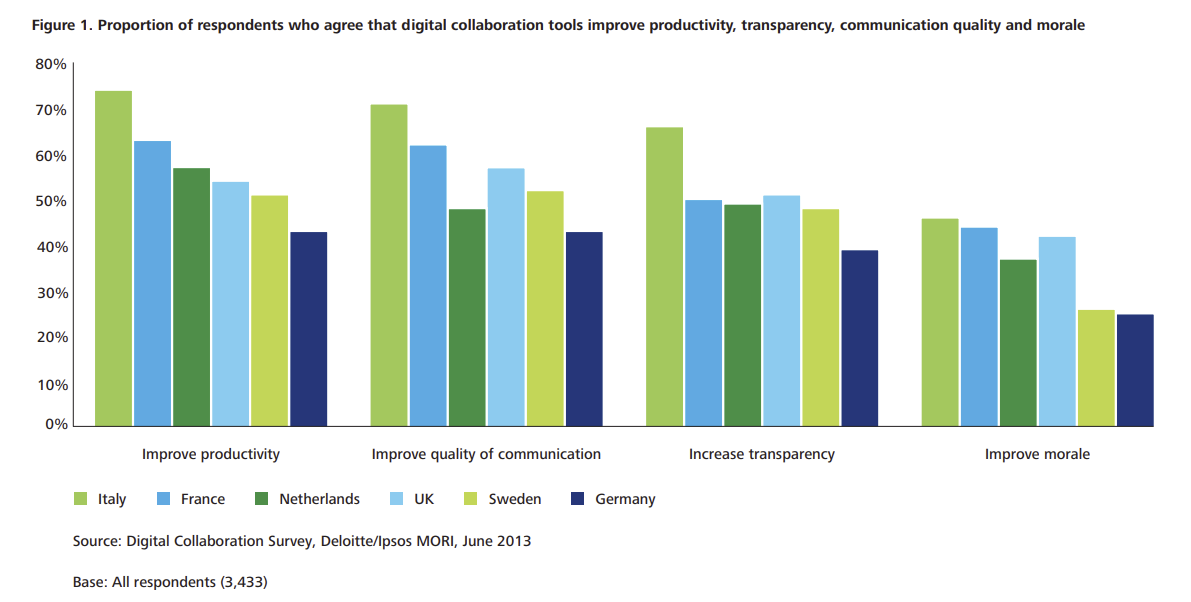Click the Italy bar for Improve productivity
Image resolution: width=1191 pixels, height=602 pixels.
coord(113,259)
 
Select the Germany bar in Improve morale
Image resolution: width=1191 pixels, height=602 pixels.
coord(1135,371)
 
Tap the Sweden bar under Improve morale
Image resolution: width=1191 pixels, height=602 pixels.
coord(1096,368)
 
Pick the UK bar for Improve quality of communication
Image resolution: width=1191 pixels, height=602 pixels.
coord(506,297)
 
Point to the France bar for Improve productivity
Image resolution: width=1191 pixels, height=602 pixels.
coord(152,284)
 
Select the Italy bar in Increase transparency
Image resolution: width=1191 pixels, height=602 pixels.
coord(664,277)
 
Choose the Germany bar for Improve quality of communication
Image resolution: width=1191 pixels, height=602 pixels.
coord(584,329)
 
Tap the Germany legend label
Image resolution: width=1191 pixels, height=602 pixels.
coord(625,499)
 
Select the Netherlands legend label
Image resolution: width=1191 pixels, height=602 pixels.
coord(319,499)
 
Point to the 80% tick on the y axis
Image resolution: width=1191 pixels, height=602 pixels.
coord(51,64)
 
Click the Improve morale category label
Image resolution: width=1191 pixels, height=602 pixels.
coord(1037,454)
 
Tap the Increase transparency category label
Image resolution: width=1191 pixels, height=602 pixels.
coord(761,454)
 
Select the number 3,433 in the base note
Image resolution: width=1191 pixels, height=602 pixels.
coord(244,581)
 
